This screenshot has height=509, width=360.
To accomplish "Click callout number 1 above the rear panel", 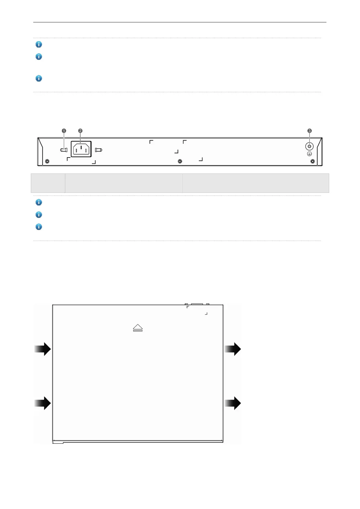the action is tap(64, 131).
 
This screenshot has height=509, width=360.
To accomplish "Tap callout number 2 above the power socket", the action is tap(80, 131).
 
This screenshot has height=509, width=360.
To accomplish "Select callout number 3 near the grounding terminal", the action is tap(310, 131).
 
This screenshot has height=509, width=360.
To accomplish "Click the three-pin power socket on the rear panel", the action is tap(81, 149).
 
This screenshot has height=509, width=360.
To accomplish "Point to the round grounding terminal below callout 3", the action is tap(309, 146).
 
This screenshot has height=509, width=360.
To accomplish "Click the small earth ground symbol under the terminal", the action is tap(309, 154).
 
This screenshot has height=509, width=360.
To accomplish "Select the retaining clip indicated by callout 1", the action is tap(64, 150).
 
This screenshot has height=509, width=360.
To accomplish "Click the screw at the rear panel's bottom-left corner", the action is tap(47, 161).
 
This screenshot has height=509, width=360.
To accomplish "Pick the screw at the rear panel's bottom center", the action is tap(180, 161).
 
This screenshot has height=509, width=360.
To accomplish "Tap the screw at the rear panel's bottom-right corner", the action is tap(313, 161).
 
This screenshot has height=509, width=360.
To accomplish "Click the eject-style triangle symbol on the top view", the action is tap(138, 328).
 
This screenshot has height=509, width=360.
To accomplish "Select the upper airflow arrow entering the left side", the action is tap(42, 349).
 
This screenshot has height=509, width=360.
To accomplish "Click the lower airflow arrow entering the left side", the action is tap(42, 403).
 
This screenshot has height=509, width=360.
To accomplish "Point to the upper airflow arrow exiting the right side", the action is tap(233, 349).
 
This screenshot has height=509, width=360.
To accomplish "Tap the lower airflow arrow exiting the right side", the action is tap(233, 403).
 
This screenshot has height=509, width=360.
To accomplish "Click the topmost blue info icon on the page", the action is tap(39, 44).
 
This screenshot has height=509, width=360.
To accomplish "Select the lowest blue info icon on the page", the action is tap(39, 227).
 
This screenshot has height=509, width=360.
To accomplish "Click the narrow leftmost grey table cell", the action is tap(48, 183).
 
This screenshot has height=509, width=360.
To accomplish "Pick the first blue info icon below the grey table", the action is tap(39, 202).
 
